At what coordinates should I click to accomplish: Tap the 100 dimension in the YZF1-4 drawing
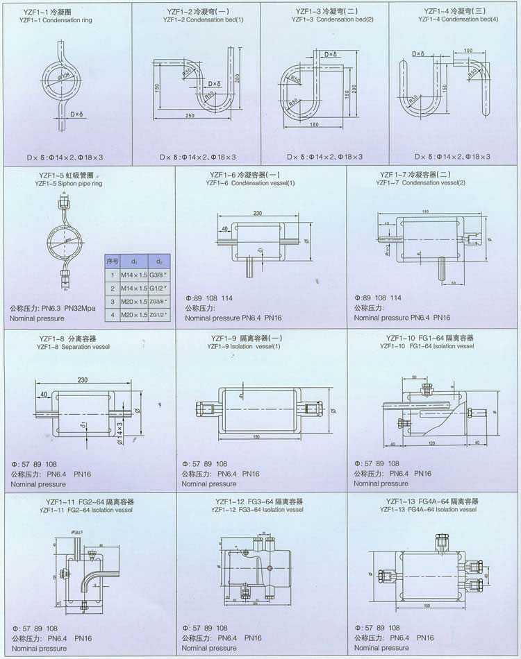[x=468, y=51]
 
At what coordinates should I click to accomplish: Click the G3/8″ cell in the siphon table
[x=160, y=275]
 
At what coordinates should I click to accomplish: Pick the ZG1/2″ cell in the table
[x=160, y=314]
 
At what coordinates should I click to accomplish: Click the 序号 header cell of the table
[x=112, y=262]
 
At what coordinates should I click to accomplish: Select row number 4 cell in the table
[x=112, y=314]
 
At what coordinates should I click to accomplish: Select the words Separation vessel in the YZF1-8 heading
[x=91, y=346]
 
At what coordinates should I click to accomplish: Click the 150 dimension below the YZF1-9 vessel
[x=256, y=437]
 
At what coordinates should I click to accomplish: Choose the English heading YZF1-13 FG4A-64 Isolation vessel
[x=428, y=509]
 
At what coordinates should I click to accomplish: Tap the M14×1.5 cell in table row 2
[x=134, y=288]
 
